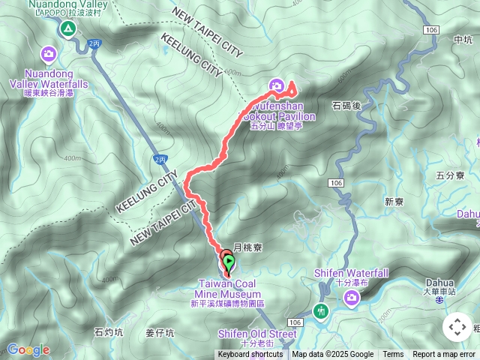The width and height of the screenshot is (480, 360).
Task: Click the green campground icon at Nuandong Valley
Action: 68,29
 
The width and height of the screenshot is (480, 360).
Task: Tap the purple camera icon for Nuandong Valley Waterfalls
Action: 49,53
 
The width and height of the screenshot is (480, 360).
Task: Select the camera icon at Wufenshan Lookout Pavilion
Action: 276,86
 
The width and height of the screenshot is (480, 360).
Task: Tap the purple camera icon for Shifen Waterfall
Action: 351,299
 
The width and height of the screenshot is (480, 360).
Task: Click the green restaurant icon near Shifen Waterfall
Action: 321,311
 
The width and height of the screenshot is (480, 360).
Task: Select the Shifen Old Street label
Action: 257,333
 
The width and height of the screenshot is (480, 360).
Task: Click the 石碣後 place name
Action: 346,106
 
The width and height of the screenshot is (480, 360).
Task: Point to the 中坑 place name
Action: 463,40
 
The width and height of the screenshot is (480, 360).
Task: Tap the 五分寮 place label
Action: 450,175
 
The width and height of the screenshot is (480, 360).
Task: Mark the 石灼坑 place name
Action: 109,331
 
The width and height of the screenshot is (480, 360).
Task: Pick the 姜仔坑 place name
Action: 159,332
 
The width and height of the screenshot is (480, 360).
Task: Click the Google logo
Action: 28,349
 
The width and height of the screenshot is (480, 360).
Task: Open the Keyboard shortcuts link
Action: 250,355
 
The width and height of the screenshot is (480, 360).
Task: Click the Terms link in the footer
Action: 393,355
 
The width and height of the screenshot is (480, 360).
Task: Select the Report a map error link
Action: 444,355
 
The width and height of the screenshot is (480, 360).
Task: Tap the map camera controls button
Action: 457,327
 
